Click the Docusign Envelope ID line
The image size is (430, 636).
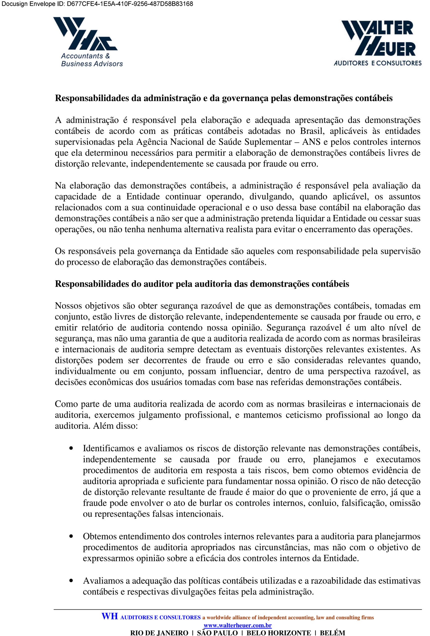point(97,4)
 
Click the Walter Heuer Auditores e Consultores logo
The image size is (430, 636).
point(378,43)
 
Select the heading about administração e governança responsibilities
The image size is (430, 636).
point(224,98)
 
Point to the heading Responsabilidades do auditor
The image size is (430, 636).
point(202,284)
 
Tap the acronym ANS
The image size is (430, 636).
point(311,142)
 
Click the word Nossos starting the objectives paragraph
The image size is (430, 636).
point(68,306)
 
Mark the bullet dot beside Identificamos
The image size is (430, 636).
point(71,448)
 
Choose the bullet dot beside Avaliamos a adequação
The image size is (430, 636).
point(71,581)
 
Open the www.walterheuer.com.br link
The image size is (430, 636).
point(238,625)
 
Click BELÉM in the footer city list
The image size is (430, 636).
point(333,633)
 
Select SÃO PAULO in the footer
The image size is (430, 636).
point(217,633)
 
